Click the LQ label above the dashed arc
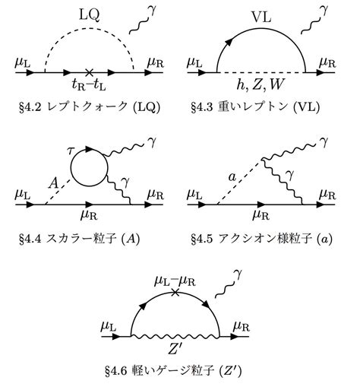click(x=89, y=15)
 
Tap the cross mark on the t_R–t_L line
click(x=89, y=72)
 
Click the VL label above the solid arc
click(x=261, y=17)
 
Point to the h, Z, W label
click(x=261, y=84)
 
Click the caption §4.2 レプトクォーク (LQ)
click(x=90, y=107)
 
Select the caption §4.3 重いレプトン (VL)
click(x=255, y=107)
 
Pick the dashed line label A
click(x=54, y=183)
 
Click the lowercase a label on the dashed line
click(x=232, y=177)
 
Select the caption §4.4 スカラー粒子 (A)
click(x=80, y=239)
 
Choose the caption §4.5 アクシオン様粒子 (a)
click(x=261, y=239)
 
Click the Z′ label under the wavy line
click(x=175, y=349)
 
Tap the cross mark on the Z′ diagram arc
click(x=175, y=293)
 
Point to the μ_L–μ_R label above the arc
click(x=175, y=281)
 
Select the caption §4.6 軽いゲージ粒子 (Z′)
click(x=173, y=371)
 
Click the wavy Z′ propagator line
click(x=175, y=336)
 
